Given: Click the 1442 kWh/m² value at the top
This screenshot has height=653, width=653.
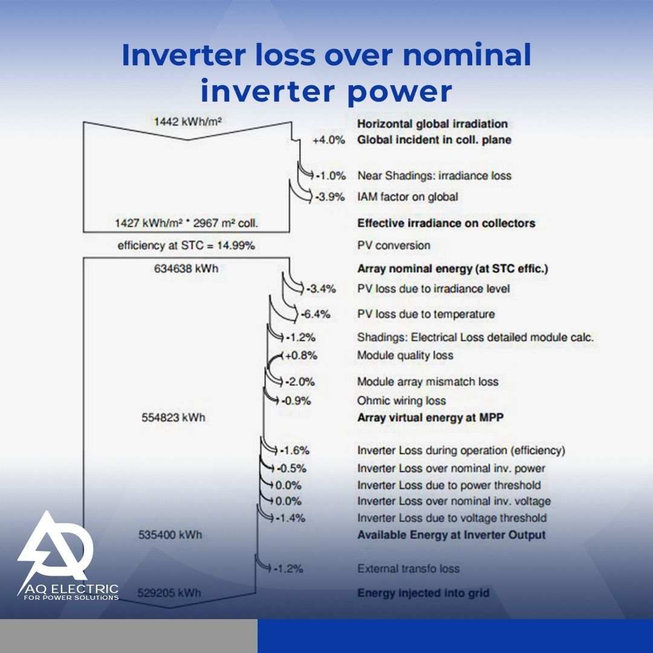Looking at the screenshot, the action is point(187,122).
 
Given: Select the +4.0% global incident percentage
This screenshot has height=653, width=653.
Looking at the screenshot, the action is point(328,140).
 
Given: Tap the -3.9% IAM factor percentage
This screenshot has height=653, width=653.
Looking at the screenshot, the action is point(330,197).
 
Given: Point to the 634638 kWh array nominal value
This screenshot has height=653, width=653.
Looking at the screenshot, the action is point(186,268).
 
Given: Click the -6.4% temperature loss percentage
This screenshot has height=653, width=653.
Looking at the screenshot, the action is point(316,314).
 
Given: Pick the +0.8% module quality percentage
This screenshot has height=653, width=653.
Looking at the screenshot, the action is point(301,356).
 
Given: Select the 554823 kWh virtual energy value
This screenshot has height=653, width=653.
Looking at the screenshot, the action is point(174,417).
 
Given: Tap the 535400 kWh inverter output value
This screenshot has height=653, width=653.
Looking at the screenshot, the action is point(170,534).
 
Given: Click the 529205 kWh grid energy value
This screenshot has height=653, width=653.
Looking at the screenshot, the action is point(169,593).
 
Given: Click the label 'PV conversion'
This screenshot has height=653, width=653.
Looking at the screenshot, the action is point(394,245).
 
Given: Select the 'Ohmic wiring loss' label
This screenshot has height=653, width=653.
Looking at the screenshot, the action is point(401,401).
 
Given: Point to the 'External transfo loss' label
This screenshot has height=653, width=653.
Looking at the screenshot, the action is point(409,568).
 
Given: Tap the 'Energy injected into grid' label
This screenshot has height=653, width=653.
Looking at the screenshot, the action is point(423,593).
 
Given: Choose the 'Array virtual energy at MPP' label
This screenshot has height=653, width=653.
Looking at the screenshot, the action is point(430,417).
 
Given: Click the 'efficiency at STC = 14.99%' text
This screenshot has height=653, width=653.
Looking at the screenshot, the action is point(186,245).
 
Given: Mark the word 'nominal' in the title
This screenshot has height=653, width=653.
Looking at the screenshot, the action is point(467,55).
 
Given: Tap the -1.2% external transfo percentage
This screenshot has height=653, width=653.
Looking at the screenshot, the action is point(288,568).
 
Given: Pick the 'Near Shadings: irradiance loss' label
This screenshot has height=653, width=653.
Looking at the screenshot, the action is point(434,176).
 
